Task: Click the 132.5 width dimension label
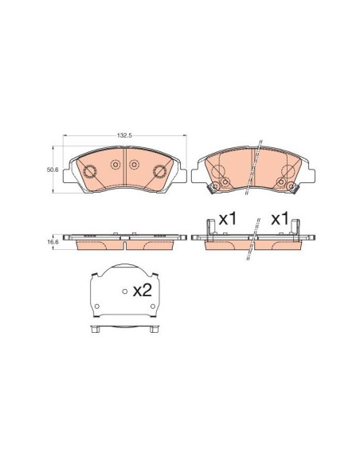(124, 135)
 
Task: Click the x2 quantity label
(143, 291)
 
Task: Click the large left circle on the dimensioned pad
(89, 171)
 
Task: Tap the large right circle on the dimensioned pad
(159, 171)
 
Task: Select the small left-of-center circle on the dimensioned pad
(115, 164)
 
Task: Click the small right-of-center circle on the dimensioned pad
(134, 164)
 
